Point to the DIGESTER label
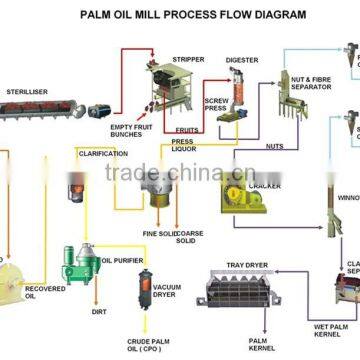242,60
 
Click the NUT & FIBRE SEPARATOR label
299,78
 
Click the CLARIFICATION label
104,153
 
